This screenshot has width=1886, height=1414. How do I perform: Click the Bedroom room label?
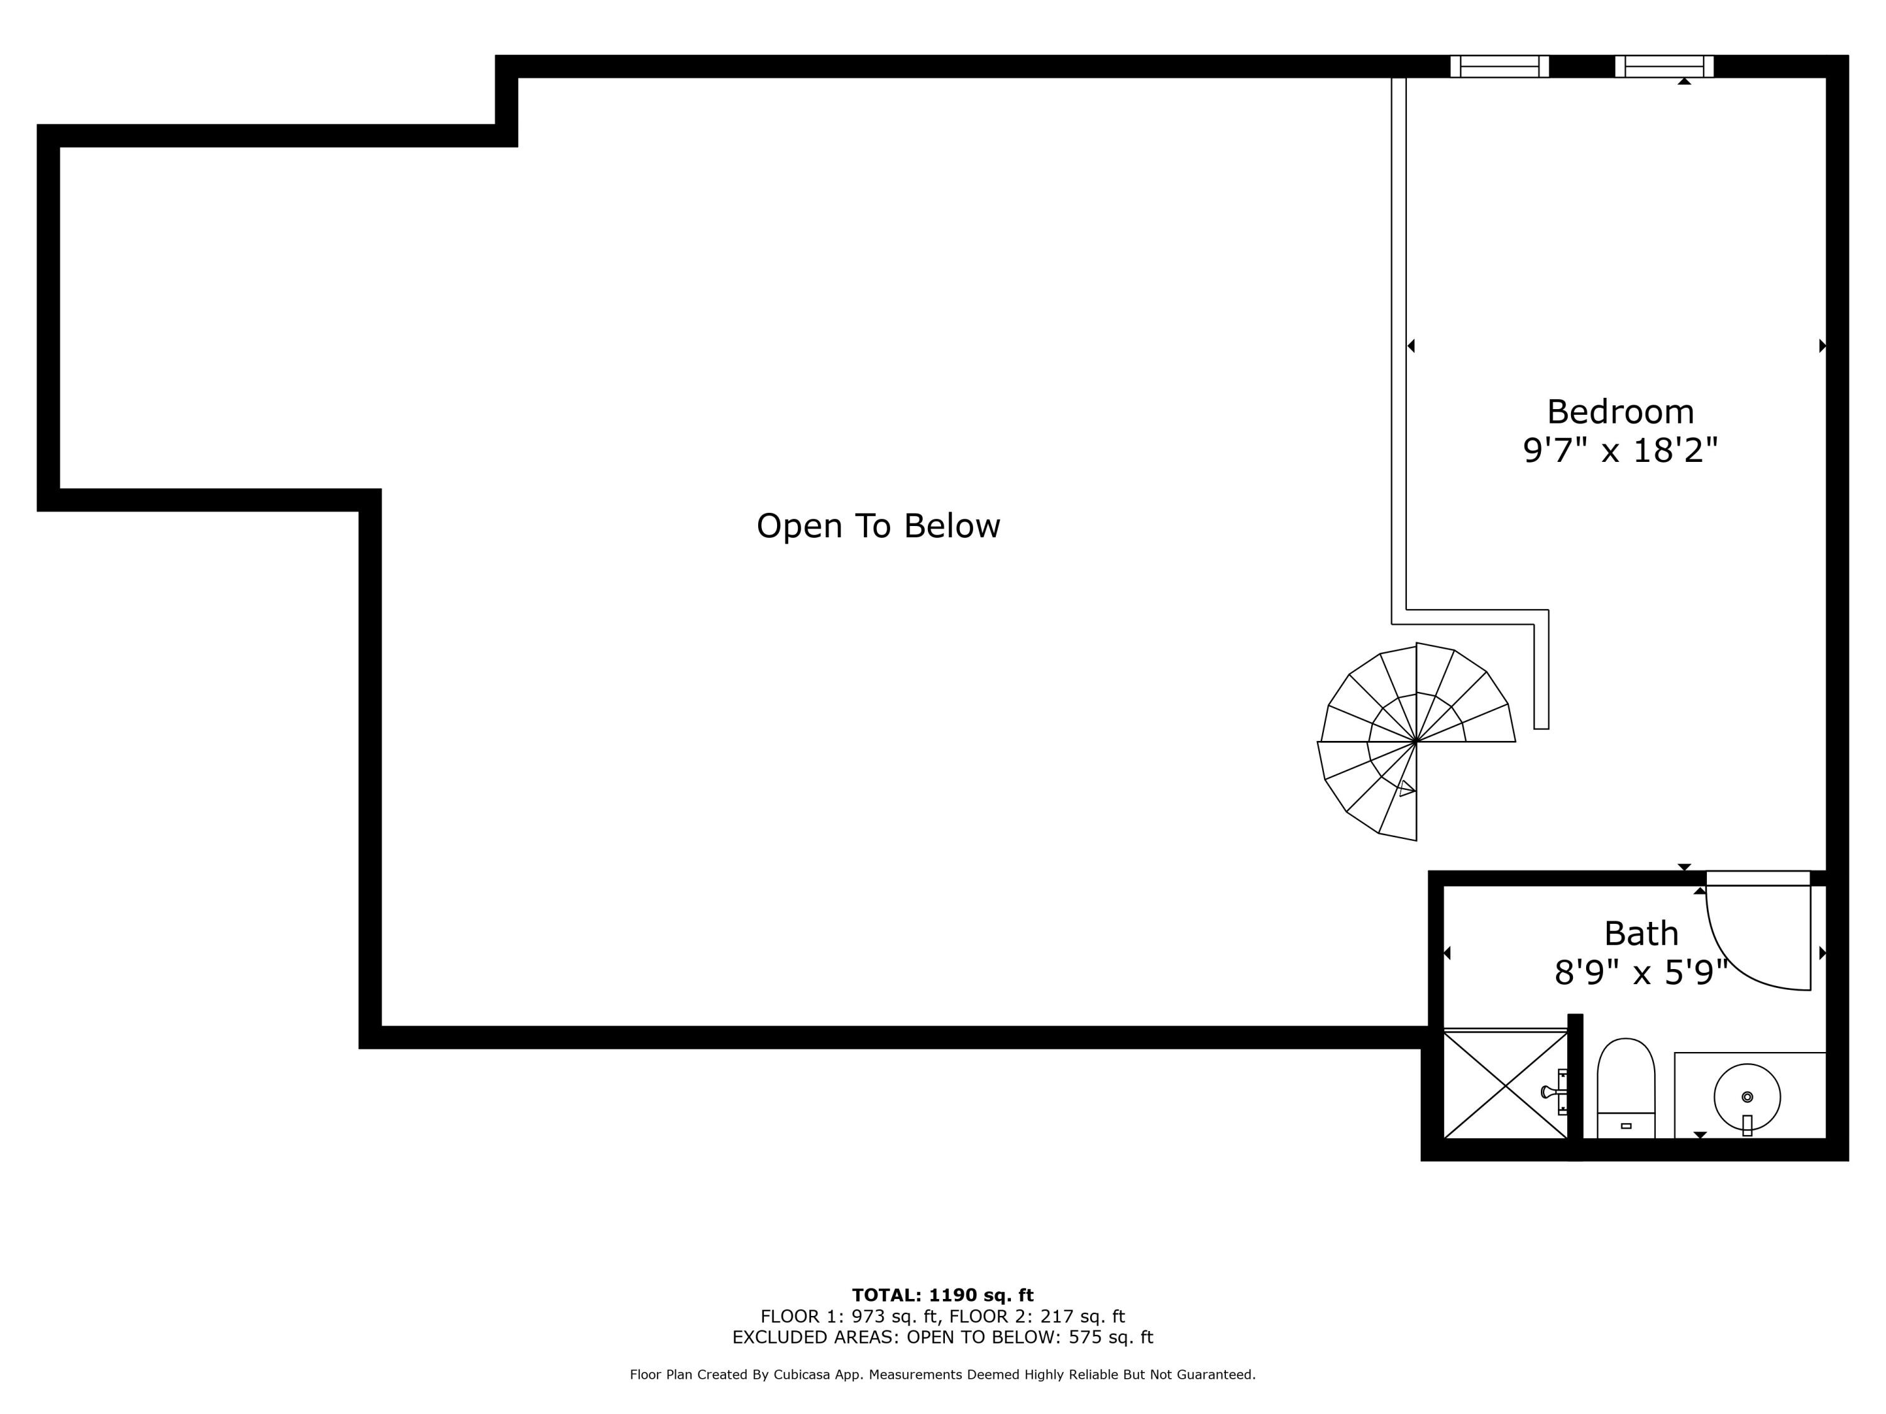tap(1620, 412)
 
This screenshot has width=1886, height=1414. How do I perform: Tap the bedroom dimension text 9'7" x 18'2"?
tap(1620, 450)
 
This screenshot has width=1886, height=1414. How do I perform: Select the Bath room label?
tap(1640, 934)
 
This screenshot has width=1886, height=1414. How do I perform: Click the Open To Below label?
tap(878, 526)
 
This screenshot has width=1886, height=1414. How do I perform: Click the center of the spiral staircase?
tap(1416, 742)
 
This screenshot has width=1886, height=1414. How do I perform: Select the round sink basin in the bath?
tap(1747, 1097)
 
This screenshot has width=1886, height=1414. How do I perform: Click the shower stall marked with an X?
tap(1505, 1085)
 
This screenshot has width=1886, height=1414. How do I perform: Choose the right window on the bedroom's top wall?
tap(1663, 67)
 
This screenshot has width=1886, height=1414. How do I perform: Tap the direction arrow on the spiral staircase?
tap(1406, 789)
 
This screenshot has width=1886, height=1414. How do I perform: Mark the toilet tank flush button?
tap(1626, 1126)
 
